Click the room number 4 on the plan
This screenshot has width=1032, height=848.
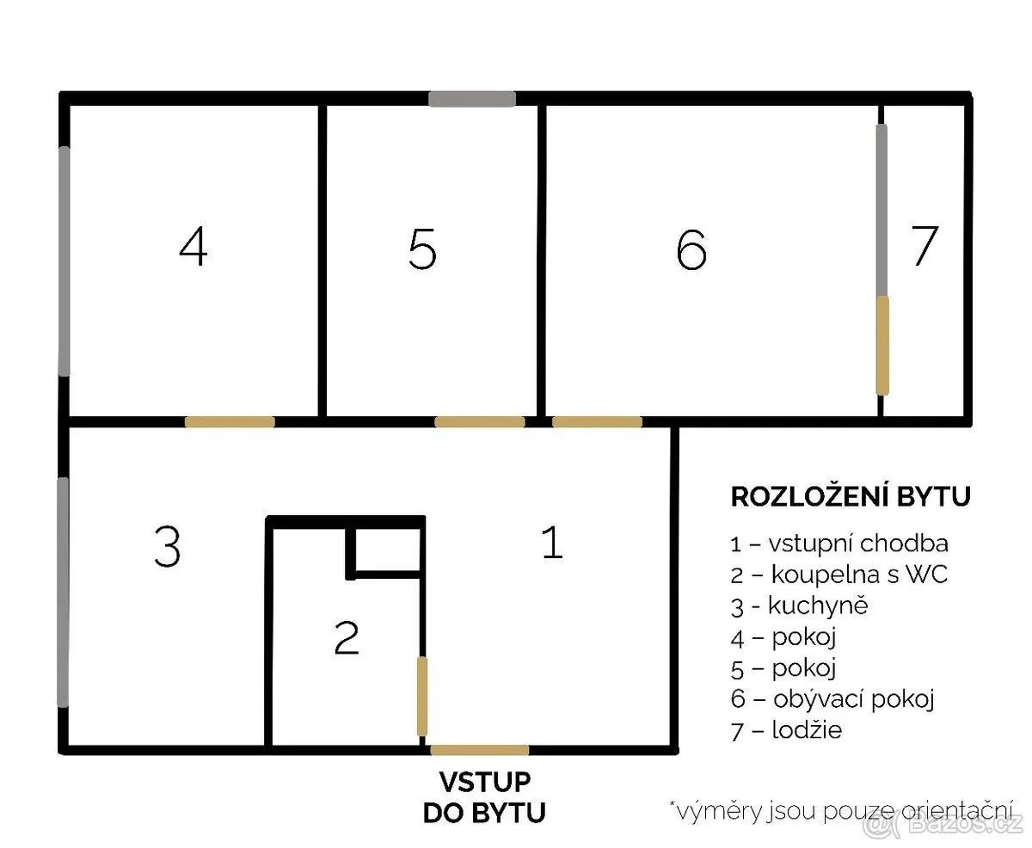(x=193, y=246)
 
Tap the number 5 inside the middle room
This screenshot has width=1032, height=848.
(x=421, y=249)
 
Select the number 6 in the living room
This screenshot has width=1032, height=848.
(x=691, y=249)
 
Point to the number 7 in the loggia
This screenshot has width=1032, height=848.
(x=924, y=246)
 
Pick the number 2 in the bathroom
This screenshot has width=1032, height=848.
(x=347, y=637)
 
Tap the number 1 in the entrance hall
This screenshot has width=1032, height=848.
(x=553, y=542)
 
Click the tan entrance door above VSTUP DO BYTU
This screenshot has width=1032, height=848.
(x=480, y=750)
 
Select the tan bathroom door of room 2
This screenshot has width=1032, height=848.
(x=421, y=697)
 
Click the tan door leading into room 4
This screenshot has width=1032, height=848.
(x=230, y=421)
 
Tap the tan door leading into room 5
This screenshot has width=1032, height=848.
(x=480, y=421)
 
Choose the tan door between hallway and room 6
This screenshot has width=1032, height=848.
(x=597, y=421)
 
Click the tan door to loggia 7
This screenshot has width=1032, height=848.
(x=882, y=346)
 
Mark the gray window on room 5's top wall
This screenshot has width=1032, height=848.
(x=472, y=99)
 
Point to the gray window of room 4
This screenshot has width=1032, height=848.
(x=64, y=261)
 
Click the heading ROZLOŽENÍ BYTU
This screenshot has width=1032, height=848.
(x=851, y=496)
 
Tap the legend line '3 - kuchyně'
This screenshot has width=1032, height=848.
(x=800, y=607)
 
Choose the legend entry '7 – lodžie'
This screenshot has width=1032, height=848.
(x=786, y=731)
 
